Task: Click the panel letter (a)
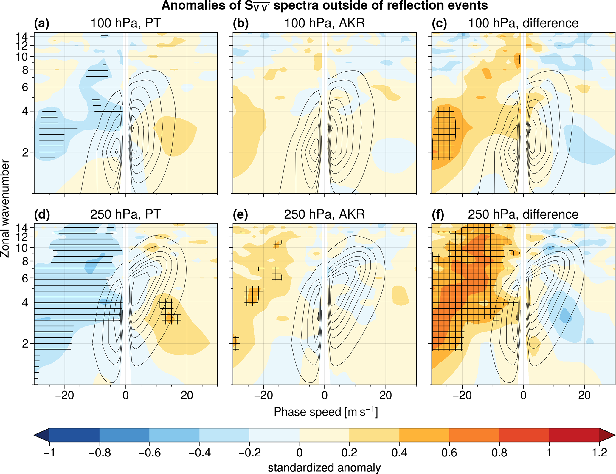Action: pyautogui.click(x=42, y=24)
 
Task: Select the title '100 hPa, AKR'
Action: pyautogui.click(x=325, y=23)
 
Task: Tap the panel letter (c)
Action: pyautogui.click(x=439, y=24)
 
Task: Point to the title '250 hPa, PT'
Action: pyautogui.click(x=125, y=214)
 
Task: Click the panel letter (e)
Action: pyautogui.click(x=240, y=215)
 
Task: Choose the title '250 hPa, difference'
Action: pyautogui.click(x=523, y=214)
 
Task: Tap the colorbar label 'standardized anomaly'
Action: pyautogui.click(x=324, y=467)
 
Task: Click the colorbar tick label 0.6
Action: pyautogui.click(x=449, y=453)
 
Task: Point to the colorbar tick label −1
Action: pyautogui.click(x=49, y=453)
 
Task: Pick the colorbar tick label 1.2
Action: pyautogui.click(x=599, y=453)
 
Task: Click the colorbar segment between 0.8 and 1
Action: pyautogui.click(x=524, y=435)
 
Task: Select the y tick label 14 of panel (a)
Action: pyautogui.click(x=22, y=37)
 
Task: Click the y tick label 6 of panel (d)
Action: pyautogui.click(x=26, y=278)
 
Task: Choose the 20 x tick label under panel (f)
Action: pyautogui.click(x=584, y=396)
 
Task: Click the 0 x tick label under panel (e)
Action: pyautogui.click(x=325, y=396)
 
